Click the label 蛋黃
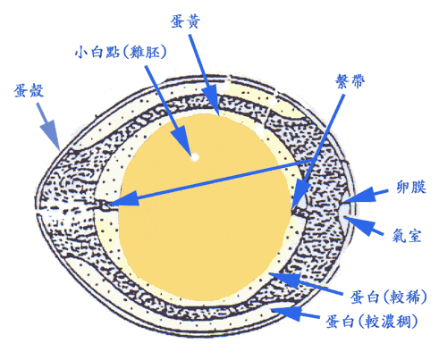click(185, 21)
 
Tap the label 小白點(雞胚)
click(121, 52)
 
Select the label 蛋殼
click(29, 90)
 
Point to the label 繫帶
click(350, 81)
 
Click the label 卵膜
click(411, 187)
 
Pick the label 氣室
click(407, 235)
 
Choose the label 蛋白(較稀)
click(388, 297)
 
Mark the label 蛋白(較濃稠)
click(371, 322)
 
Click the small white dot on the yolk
click(195, 156)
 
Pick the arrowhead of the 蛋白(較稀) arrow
click(285, 280)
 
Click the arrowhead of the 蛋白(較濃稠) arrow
click(287, 314)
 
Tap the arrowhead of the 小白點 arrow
click(181, 140)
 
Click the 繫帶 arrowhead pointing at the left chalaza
click(124, 199)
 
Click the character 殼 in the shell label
click(37, 90)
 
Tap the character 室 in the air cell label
click(414, 235)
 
